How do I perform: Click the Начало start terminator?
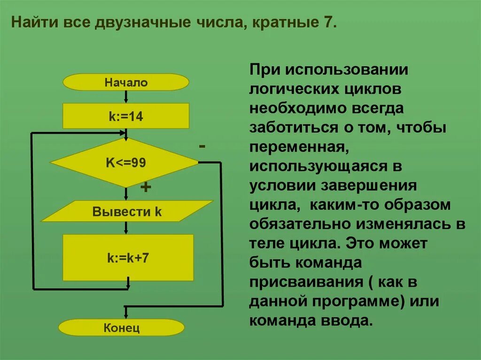[126, 83]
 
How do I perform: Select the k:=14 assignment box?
[126, 116]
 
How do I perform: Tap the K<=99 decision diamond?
[125, 163]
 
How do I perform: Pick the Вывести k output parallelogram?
[127, 211]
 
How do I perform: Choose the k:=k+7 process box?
[128, 258]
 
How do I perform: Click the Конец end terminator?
[121, 327]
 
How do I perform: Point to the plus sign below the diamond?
[146, 188]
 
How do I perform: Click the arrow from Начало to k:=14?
[126, 97]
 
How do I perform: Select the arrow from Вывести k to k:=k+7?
[126, 228]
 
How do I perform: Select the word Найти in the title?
[31, 23]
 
